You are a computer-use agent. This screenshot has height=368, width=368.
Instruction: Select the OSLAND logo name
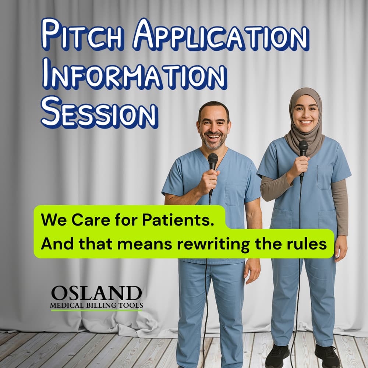tap(96, 293)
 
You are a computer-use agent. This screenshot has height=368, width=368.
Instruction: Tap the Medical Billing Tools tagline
tap(96, 305)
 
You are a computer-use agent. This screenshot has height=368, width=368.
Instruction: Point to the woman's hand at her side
tap(341, 248)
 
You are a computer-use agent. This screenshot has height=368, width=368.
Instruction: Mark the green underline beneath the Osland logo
tap(96, 310)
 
